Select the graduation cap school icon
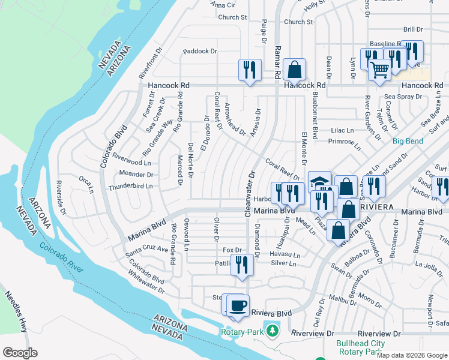pos(319,182)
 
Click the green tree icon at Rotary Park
pos(273,331)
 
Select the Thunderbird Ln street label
pos(130,187)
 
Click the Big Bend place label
pos(408,142)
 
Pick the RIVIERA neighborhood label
pos(376,206)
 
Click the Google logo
pos(20,352)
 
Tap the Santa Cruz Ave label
pos(146,249)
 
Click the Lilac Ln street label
pos(343,130)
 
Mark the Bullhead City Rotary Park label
pos(360,348)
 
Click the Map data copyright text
pos(411,355)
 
